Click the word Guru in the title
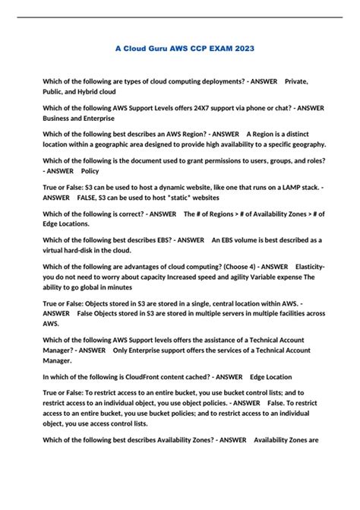[x=146, y=48]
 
